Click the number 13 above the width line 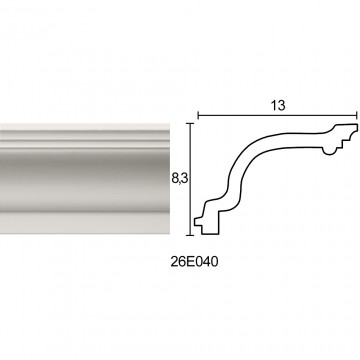(278, 105)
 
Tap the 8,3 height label (180, 179)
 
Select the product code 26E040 (195, 262)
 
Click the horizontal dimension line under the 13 (278, 116)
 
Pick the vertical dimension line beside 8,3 (190, 179)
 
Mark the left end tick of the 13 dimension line (198, 116)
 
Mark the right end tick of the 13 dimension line (357, 116)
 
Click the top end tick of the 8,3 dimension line (190, 124)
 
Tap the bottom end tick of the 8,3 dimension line (190, 235)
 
